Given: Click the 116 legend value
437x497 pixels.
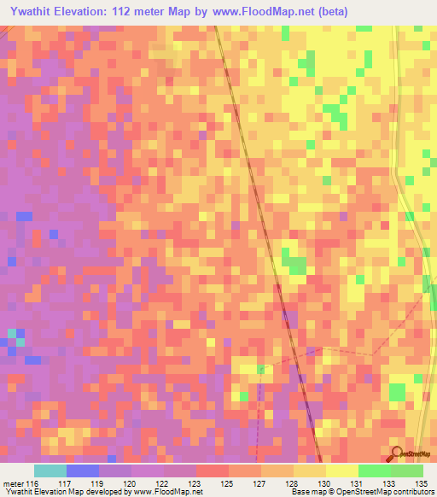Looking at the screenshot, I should (x=33, y=483).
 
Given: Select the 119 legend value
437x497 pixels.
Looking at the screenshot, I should (x=99, y=483).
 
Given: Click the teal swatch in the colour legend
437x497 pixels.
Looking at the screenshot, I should (x=50, y=471).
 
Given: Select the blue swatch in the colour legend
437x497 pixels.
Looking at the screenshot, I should (x=83, y=471).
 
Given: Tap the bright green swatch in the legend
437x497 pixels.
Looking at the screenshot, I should (x=374, y=471).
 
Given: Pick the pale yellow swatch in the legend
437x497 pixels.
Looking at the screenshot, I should (x=341, y=471).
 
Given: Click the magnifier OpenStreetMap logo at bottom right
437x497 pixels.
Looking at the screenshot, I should (x=397, y=453).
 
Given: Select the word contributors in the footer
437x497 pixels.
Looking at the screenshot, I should (x=414, y=492).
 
